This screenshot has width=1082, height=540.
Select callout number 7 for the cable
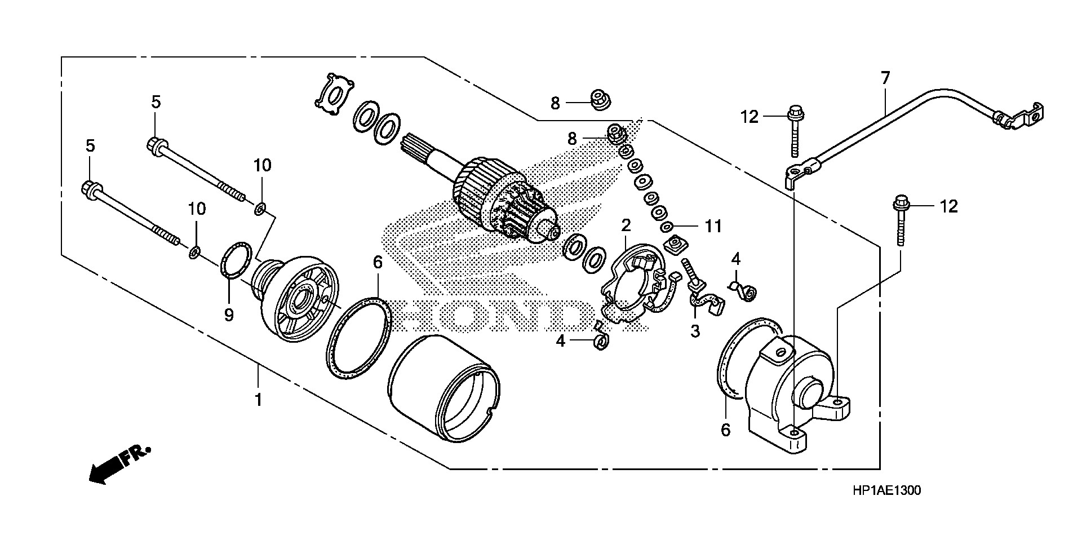pyautogui.click(x=885, y=78)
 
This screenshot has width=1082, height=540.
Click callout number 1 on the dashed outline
pyautogui.click(x=258, y=400)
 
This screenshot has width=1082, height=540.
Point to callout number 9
pyautogui.click(x=228, y=315)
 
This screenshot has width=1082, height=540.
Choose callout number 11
pyautogui.click(x=713, y=227)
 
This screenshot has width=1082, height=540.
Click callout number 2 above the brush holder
pyautogui.click(x=626, y=226)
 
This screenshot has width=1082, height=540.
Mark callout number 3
pyautogui.click(x=695, y=331)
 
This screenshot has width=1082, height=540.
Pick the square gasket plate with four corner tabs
pyautogui.click(x=334, y=95)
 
